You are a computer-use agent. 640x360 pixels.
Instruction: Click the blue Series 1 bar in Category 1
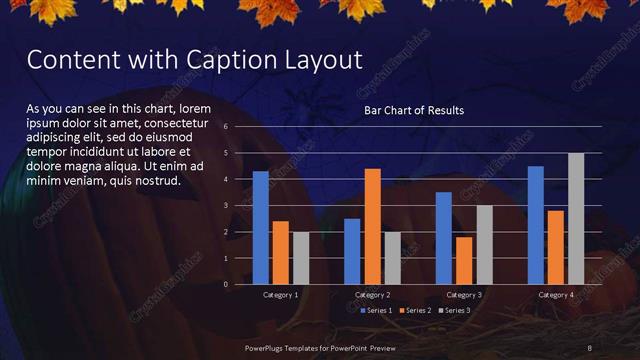click(x=260, y=228)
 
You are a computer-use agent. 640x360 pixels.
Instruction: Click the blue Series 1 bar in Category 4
click(x=535, y=225)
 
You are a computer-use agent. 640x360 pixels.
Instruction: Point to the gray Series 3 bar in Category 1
click(x=300, y=258)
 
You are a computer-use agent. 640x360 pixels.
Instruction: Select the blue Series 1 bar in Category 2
click(x=352, y=251)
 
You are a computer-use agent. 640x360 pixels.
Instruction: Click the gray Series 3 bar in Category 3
click(x=484, y=244)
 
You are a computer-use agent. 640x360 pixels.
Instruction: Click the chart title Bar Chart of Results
click(x=413, y=109)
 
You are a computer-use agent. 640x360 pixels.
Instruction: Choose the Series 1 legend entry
click(x=376, y=310)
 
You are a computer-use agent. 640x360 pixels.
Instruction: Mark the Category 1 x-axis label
click(x=280, y=295)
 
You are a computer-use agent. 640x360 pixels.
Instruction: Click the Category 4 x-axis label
click(x=555, y=295)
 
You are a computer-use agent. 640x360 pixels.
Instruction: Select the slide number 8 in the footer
click(x=590, y=347)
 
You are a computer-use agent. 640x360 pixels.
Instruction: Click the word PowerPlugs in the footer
click(x=269, y=347)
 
